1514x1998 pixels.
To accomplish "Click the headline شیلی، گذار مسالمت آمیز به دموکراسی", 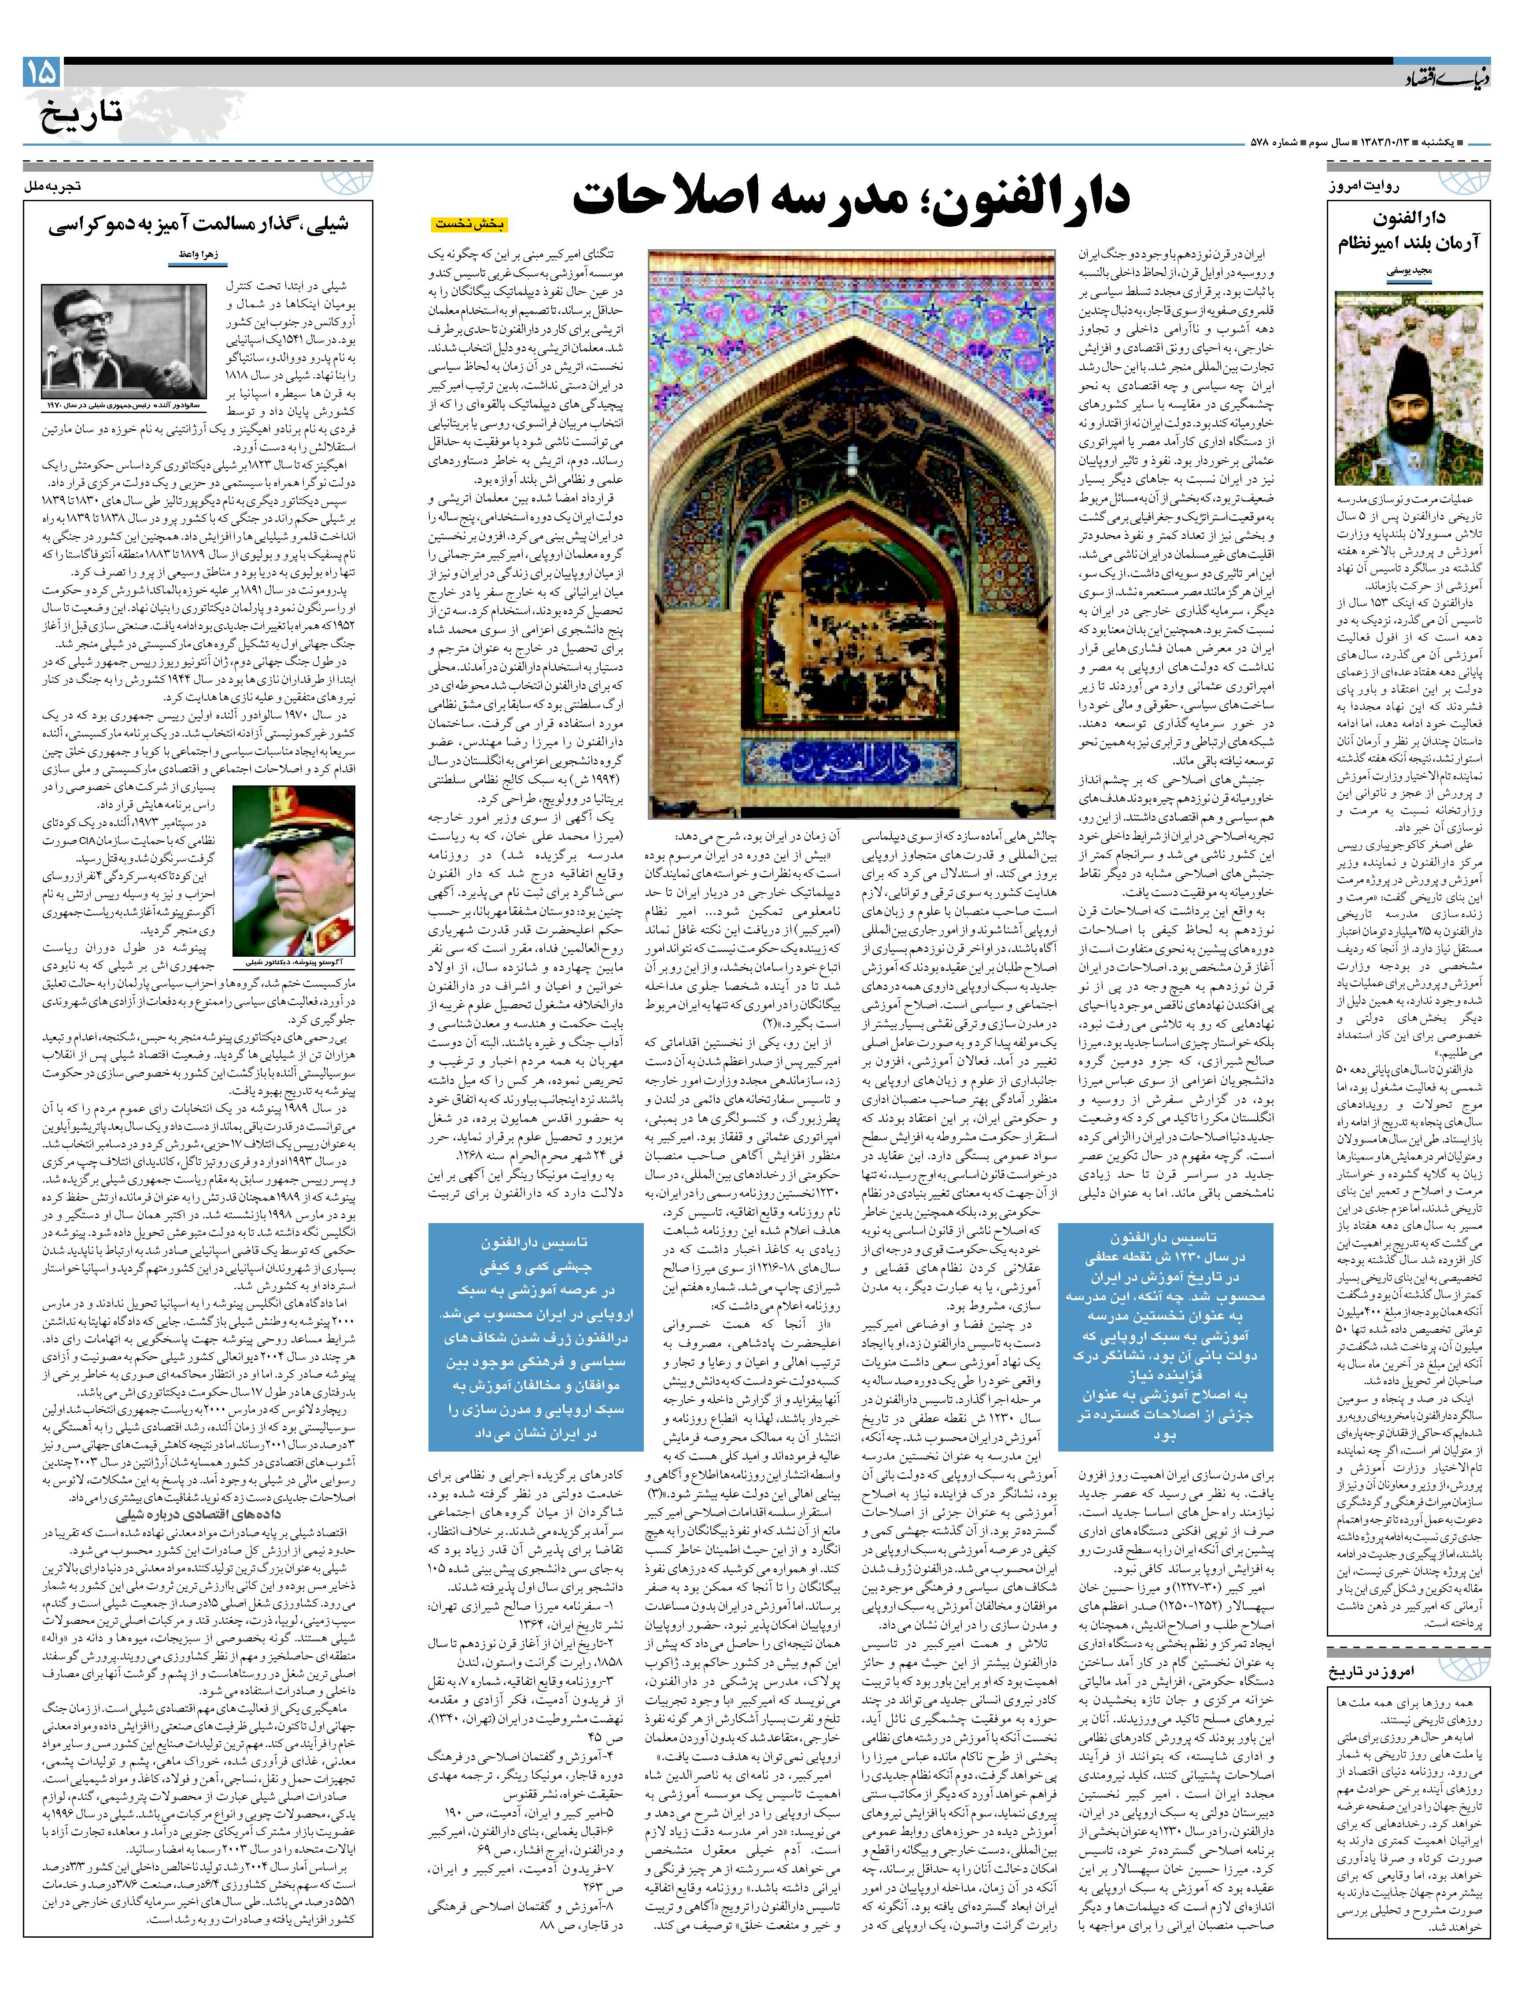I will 199,226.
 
